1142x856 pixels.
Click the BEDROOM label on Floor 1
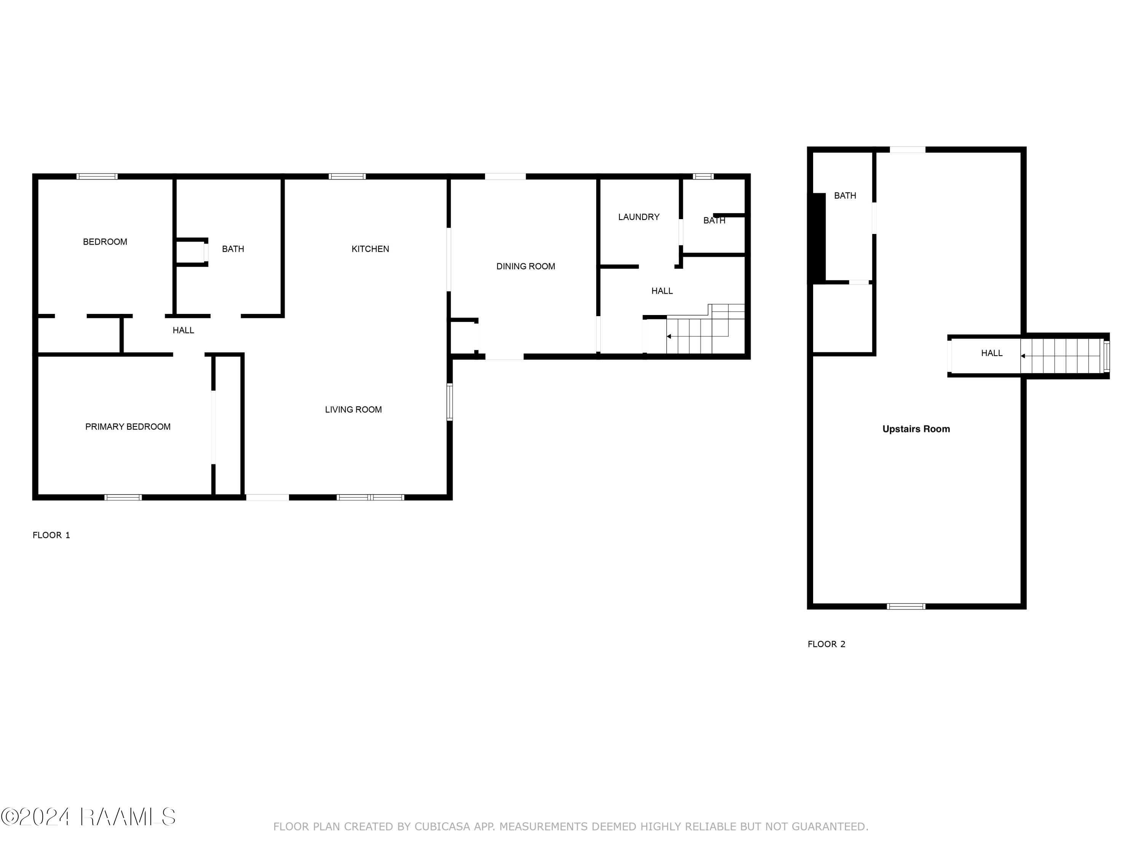tap(105, 242)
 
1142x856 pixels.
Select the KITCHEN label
tap(370, 249)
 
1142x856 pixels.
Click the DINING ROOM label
tap(526, 266)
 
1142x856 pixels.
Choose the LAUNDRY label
tap(639, 217)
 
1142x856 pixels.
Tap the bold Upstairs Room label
tap(916, 429)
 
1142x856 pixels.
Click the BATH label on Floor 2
tap(845, 196)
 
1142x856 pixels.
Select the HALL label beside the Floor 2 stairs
tap(991, 353)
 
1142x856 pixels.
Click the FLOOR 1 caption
tap(51, 535)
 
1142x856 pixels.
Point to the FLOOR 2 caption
tap(826, 644)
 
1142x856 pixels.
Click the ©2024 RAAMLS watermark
tap(88, 817)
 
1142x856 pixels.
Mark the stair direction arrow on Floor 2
tap(1023, 355)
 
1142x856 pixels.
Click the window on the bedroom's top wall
tap(97, 177)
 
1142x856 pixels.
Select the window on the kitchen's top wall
tap(347, 177)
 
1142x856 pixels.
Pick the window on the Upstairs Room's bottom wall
tap(906, 606)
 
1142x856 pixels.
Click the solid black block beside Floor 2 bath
tap(818, 237)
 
